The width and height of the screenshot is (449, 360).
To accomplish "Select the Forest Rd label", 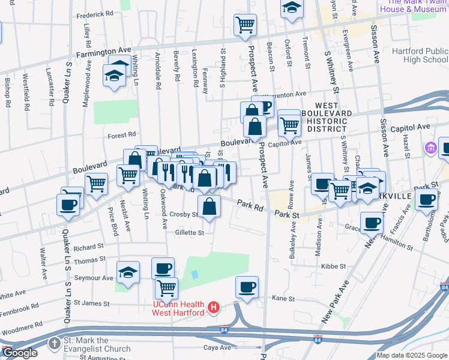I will [122, 136].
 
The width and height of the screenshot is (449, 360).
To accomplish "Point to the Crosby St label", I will [183, 215].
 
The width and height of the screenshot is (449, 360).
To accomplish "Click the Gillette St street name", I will [190, 233].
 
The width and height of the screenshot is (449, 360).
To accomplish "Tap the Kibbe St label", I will [331, 265].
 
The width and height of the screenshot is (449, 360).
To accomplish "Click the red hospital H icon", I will [212, 309].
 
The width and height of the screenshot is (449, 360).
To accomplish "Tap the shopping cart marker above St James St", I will [166, 287].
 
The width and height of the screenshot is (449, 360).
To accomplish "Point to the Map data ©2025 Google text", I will [412, 355].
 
